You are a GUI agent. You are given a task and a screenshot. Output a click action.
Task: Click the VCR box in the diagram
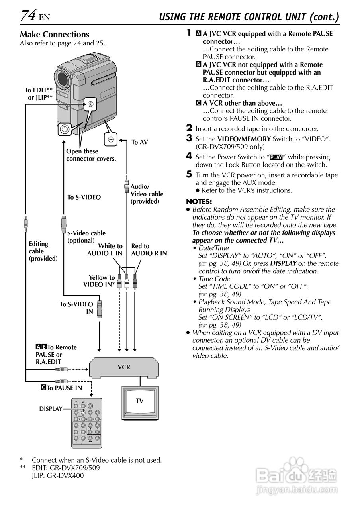[x=124, y=367]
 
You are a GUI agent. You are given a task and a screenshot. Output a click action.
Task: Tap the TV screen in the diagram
[x=139, y=401]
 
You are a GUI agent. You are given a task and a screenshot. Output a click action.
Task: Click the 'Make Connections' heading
[x=55, y=34]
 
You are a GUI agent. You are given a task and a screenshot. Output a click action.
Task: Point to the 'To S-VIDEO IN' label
[x=76, y=308]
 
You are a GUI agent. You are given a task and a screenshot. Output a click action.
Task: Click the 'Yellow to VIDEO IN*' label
[x=99, y=281]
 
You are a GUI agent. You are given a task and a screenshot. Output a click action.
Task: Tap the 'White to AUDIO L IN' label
[x=105, y=250]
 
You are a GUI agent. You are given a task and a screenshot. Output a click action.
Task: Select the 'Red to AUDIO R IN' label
[x=149, y=250]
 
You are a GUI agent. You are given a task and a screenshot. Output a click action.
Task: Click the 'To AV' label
[x=139, y=142]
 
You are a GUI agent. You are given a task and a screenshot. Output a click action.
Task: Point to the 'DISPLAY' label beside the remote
[x=51, y=409]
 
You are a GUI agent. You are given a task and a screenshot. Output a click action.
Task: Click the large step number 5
[x=189, y=174]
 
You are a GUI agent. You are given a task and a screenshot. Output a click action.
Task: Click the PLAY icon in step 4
[x=276, y=157]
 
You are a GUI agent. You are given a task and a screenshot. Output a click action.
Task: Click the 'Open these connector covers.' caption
[x=91, y=155]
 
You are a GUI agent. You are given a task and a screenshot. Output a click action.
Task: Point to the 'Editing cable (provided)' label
[x=43, y=251]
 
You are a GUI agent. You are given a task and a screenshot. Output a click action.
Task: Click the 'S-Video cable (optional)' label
[x=86, y=237]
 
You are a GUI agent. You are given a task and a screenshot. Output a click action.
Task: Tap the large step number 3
[x=189, y=138]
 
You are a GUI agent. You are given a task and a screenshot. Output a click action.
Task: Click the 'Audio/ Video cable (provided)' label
[x=147, y=194]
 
